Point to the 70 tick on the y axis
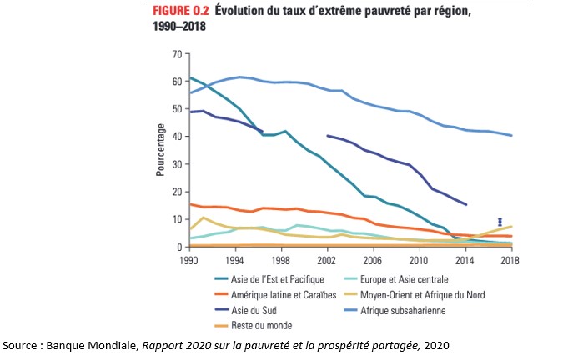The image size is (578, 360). click(x=176, y=54)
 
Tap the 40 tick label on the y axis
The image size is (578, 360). click(x=176, y=137)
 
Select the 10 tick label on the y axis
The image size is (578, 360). click(x=176, y=219)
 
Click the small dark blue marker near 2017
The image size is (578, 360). click(x=500, y=222)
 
